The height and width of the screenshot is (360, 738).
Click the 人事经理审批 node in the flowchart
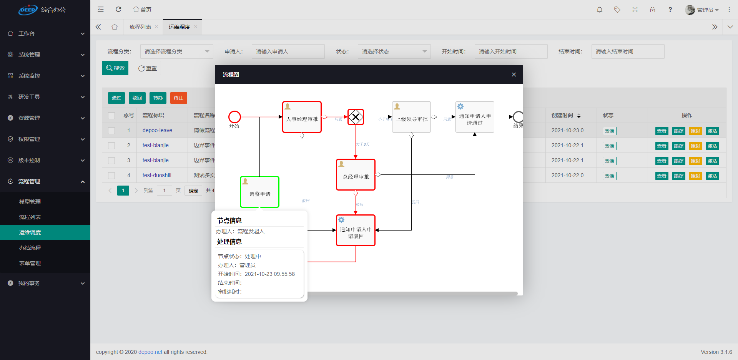302,117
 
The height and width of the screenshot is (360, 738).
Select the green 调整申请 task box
259,192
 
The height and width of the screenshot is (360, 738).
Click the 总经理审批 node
356,175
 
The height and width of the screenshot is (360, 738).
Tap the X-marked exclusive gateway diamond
356,117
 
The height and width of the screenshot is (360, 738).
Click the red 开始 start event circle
234,117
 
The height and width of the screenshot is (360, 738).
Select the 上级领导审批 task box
411,117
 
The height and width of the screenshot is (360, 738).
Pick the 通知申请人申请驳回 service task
356,231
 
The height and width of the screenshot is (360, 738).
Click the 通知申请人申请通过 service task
475,117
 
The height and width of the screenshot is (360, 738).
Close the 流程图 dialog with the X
514,75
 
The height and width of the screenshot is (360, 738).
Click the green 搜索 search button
115,68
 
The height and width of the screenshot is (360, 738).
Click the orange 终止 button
178,98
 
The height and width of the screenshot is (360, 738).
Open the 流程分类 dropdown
176,51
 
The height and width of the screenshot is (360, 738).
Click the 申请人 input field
288,51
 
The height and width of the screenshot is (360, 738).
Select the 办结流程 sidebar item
30,248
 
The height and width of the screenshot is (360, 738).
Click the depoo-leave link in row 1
157,130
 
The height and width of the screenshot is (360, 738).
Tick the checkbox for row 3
111,161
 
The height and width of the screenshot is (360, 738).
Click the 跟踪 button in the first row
678,131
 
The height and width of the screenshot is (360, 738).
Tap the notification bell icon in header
599,10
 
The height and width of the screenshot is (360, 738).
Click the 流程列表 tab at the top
140,27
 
